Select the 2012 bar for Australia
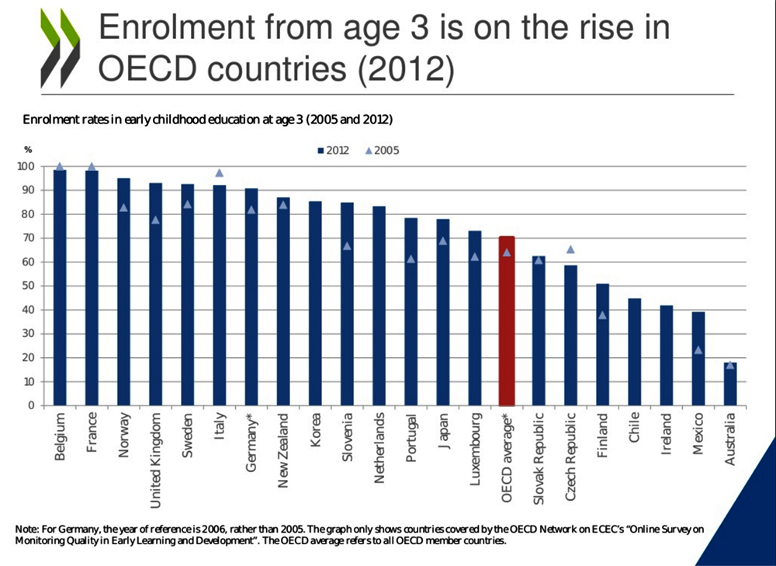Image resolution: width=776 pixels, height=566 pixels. [730, 384]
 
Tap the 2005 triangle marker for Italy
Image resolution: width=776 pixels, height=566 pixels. [219, 173]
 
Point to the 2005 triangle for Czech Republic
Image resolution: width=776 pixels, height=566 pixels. [570, 249]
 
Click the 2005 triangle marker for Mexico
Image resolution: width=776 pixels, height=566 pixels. [698, 350]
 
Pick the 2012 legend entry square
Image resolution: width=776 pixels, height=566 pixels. [320, 151]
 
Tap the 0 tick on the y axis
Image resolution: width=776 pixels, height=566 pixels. [30, 405]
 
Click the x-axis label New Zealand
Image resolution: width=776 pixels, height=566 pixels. [283, 450]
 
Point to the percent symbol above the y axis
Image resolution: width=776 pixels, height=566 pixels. [28, 148]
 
